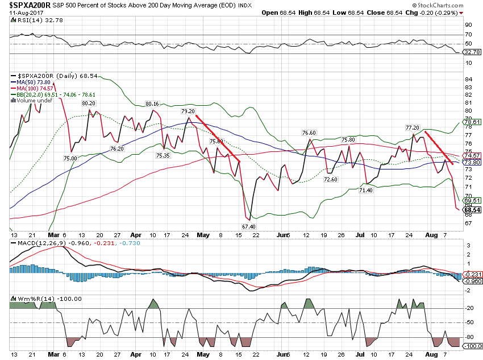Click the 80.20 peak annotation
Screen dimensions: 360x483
point(88,104)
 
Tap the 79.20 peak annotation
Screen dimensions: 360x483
point(188,111)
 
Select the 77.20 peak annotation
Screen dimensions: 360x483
point(412,127)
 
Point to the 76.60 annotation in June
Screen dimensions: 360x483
point(309,133)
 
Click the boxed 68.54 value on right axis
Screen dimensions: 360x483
point(473,210)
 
